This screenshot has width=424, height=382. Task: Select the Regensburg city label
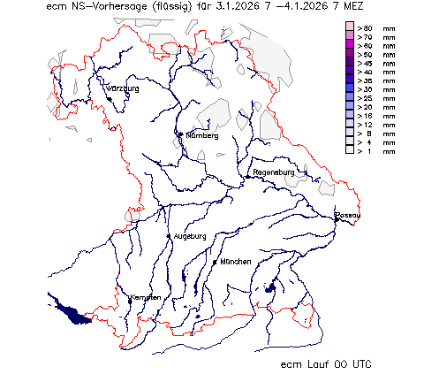click(x=273, y=172)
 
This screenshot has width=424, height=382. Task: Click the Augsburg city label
click(x=190, y=236)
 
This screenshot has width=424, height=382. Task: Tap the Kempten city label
click(x=145, y=297)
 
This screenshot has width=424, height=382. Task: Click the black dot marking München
click(x=215, y=262)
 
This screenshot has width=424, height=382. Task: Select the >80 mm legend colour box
click(x=350, y=29)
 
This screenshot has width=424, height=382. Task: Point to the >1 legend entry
click(x=367, y=151)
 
